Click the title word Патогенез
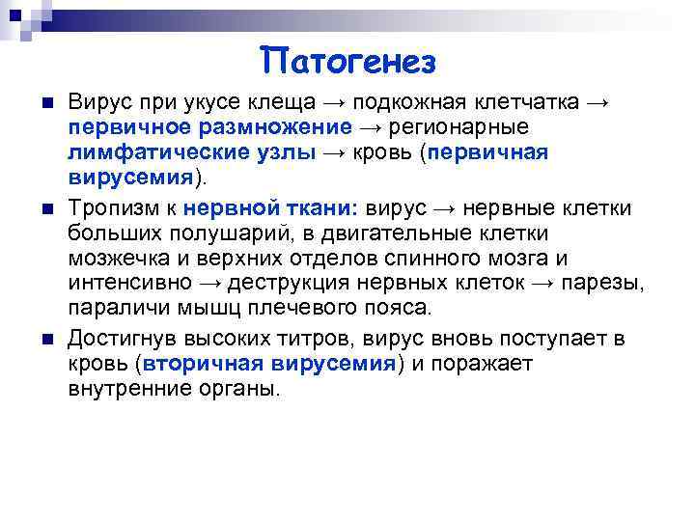(348, 61)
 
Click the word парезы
(611, 284)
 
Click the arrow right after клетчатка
(598, 103)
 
